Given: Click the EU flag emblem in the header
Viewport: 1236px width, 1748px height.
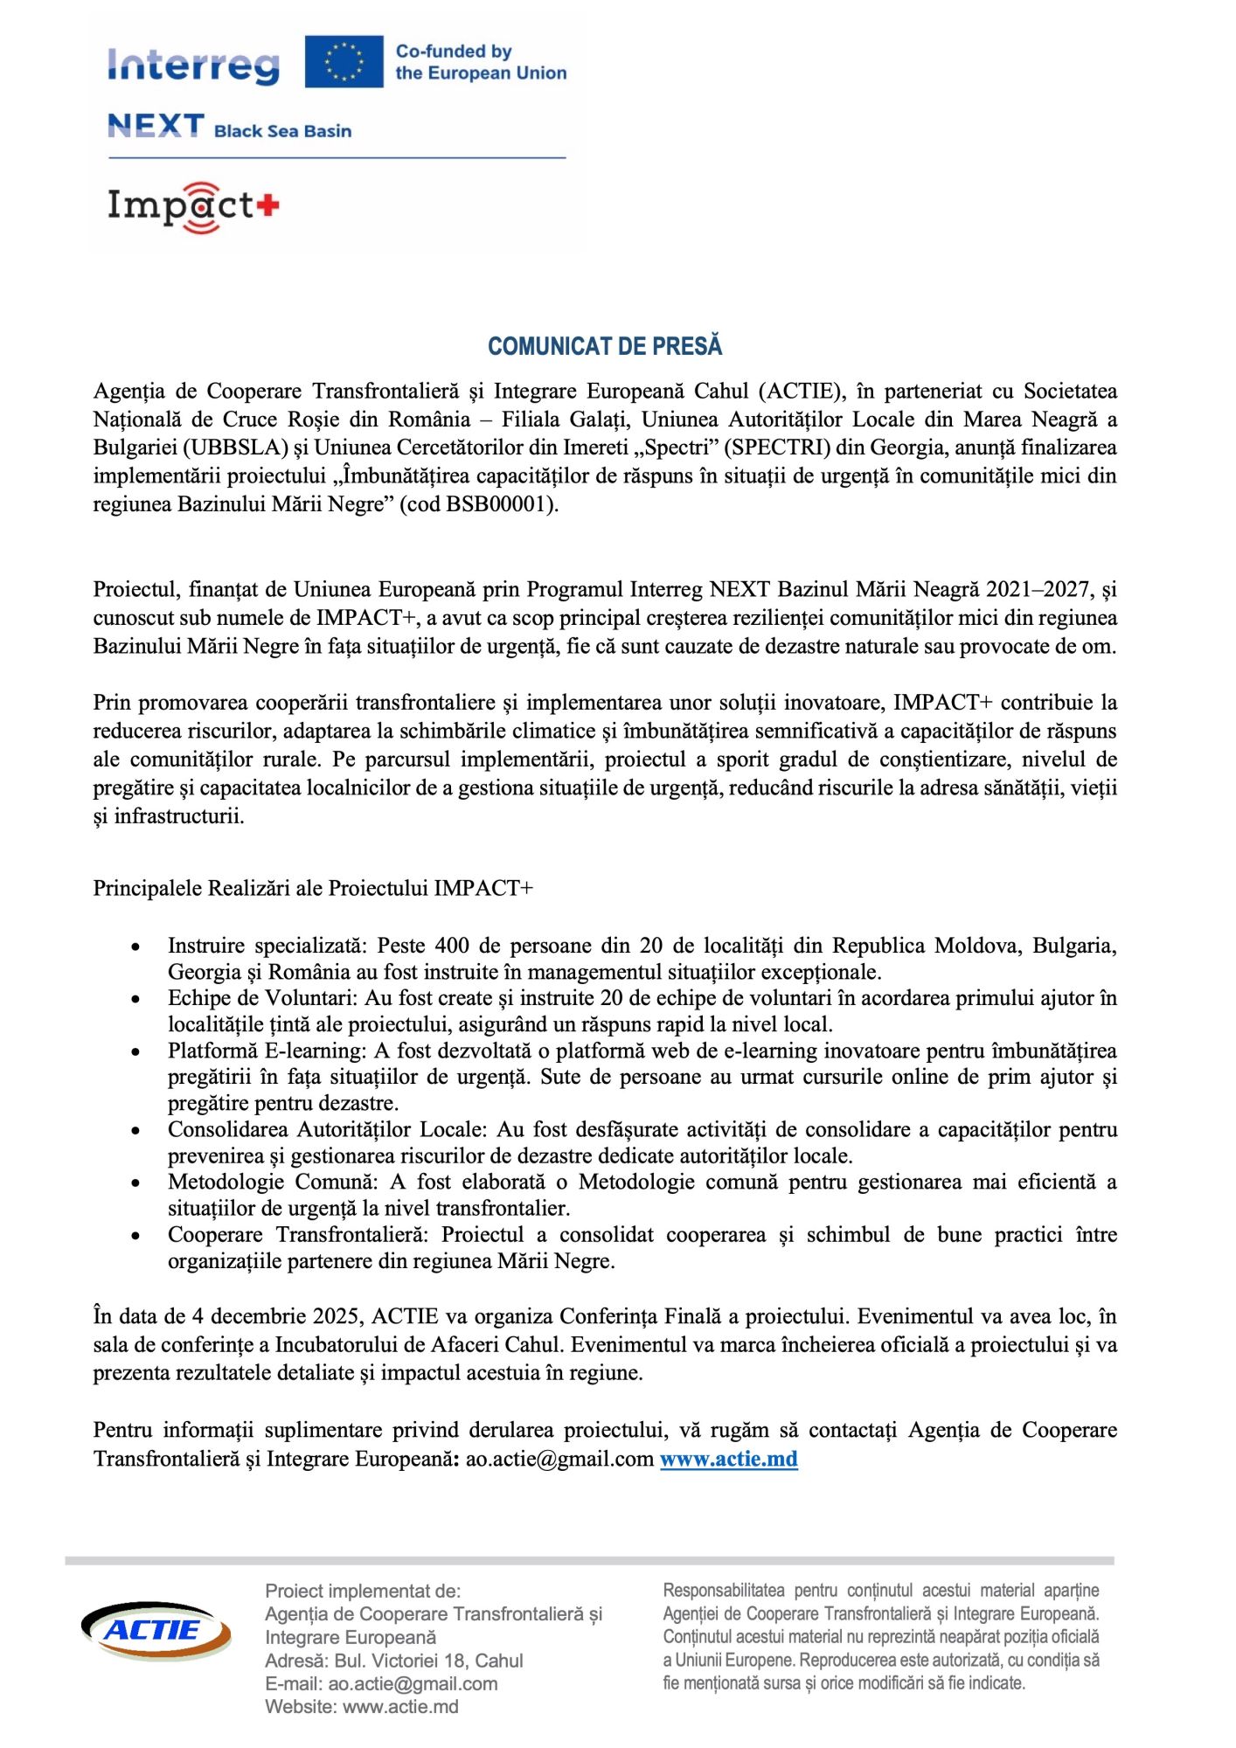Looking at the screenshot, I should point(344,62).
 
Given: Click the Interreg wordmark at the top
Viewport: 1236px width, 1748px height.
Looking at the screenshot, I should point(193,66).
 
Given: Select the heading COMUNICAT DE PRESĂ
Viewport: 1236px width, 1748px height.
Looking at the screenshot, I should point(605,346).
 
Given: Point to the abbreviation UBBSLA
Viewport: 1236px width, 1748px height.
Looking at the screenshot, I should point(235,447).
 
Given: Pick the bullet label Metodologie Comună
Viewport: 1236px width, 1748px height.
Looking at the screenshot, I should point(271,1182).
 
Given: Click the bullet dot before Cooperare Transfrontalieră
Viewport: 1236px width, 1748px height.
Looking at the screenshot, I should point(135,1236).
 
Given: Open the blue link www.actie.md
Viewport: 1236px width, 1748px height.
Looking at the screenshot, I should point(728,1459).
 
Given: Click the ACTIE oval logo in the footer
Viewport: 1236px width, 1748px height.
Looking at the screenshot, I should point(156,1630).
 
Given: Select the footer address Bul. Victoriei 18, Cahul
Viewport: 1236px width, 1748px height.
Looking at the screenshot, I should point(428,1661).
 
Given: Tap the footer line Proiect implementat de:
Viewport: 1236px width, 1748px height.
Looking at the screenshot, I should point(363,1591).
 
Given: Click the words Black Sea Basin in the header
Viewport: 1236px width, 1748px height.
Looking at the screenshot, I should point(282,131).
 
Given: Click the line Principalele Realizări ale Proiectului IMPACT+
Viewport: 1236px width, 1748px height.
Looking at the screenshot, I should point(313,888).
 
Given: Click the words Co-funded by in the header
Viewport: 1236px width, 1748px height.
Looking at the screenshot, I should point(454,52).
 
